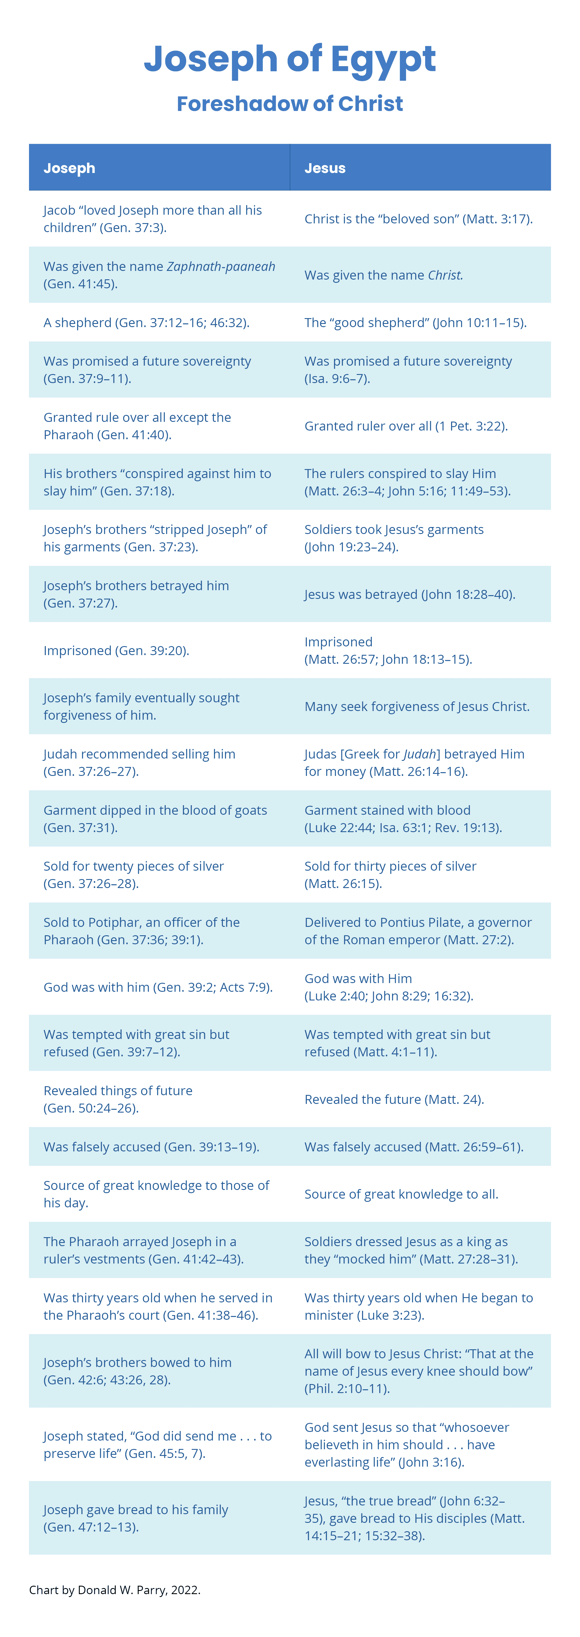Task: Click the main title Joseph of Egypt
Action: click(290, 59)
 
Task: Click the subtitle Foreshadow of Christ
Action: click(290, 104)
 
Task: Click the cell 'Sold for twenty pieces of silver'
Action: click(134, 874)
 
